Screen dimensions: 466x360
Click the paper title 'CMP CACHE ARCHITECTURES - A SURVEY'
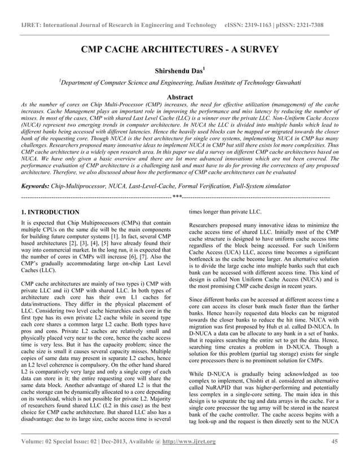(x=180, y=49)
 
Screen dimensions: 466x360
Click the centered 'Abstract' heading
(x=180, y=98)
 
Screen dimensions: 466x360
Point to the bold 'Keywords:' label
(x=34, y=185)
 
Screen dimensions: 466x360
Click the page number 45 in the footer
(x=335, y=457)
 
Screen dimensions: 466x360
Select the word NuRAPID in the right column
(x=210, y=388)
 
